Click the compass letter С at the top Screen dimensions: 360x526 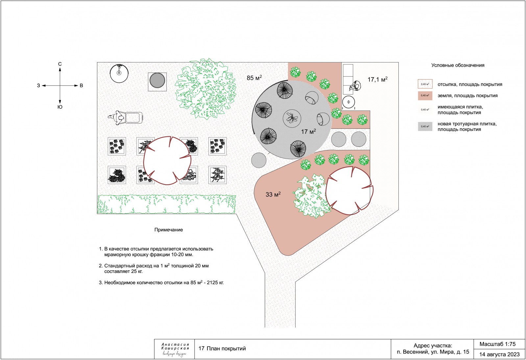[x=60, y=64]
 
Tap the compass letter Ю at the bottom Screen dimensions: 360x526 [x=60, y=107]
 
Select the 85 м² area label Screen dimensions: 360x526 [x=254, y=78]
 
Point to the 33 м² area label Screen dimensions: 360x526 [x=273, y=194]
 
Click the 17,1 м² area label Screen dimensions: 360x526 [x=377, y=79]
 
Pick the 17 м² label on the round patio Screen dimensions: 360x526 [x=308, y=132]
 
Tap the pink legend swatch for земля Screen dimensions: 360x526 [x=425, y=96]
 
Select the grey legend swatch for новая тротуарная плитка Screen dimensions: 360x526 [x=425, y=126]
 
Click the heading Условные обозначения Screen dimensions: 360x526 [x=458, y=65]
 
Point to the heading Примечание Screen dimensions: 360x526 [x=168, y=230]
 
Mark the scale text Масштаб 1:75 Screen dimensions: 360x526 [x=497, y=344]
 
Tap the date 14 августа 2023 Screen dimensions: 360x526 [x=499, y=354]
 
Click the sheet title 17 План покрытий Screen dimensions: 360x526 [x=222, y=349]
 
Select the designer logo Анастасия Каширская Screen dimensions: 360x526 [x=175, y=349]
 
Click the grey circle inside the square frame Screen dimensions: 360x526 [x=157, y=80]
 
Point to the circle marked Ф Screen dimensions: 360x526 [x=348, y=102]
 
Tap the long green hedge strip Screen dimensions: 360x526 [x=166, y=204]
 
